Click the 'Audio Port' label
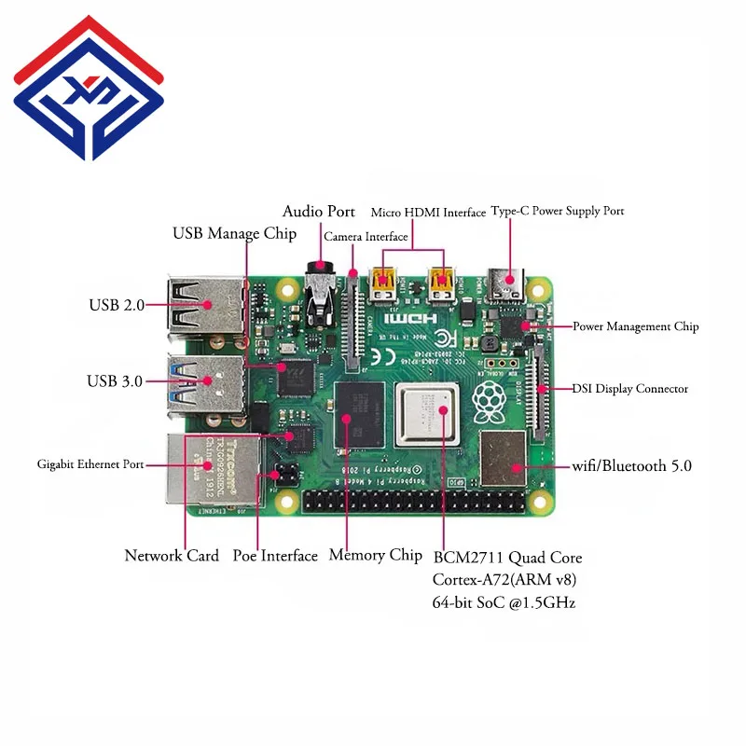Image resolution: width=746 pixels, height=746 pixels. click(x=318, y=212)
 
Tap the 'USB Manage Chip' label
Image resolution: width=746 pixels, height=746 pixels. click(x=234, y=233)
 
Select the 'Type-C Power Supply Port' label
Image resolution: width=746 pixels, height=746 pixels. click(x=557, y=212)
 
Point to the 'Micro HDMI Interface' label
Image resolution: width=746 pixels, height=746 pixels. click(x=428, y=213)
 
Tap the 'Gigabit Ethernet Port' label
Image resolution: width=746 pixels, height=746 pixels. click(x=90, y=463)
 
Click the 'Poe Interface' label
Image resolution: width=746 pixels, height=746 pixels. click(x=275, y=556)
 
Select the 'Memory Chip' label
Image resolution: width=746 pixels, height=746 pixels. click(x=375, y=555)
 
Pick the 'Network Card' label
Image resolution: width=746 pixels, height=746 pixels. click(x=172, y=556)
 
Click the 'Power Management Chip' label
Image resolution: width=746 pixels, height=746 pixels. click(x=635, y=327)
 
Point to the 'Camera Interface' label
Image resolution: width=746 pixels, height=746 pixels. click(x=366, y=237)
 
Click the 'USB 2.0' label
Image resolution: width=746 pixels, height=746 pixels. click(x=117, y=305)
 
